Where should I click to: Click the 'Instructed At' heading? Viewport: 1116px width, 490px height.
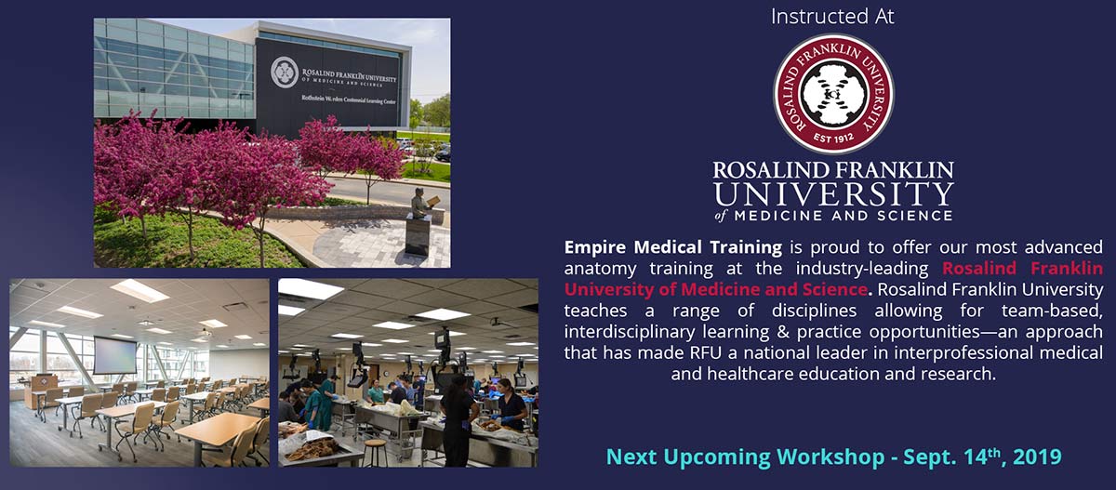(832, 17)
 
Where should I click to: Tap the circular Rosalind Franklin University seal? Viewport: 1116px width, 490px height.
(833, 94)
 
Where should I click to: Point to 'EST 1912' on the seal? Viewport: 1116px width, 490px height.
(833, 138)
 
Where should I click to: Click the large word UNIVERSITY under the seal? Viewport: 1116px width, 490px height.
(833, 194)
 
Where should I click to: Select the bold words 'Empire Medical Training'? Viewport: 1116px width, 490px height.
(673, 247)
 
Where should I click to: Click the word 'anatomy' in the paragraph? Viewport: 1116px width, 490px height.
(600, 269)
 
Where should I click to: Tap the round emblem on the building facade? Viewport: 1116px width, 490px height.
(285, 73)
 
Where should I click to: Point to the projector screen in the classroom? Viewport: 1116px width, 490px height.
(114, 355)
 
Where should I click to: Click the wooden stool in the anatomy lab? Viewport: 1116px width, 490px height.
(375, 453)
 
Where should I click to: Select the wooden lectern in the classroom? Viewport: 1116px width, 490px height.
(44, 391)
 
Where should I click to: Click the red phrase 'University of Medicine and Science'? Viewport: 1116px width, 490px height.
(716, 289)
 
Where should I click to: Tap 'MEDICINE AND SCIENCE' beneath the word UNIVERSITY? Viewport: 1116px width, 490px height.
(843, 216)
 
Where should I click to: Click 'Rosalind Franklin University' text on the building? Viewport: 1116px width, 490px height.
(350, 76)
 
